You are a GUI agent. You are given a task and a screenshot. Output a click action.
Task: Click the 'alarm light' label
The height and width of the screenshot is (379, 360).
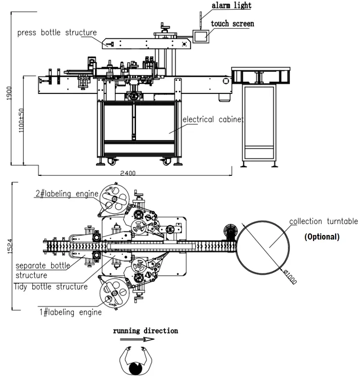[x=231, y=6]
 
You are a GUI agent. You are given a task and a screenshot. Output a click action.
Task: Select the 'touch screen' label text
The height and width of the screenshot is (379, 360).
[x=232, y=24]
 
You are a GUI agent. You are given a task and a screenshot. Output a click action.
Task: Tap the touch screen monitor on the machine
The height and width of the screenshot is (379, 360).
[x=201, y=36]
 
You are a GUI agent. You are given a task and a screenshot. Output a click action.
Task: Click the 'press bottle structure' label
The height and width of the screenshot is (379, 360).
[x=57, y=33]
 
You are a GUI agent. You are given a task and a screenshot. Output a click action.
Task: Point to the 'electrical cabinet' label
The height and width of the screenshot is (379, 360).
[x=213, y=120]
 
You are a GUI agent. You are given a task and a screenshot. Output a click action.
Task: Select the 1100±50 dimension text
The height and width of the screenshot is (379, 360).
[x=21, y=120]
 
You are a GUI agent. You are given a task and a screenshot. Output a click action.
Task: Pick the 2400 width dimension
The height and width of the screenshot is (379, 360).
[x=127, y=173]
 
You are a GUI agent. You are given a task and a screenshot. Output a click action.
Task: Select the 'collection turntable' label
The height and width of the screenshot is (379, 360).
[x=323, y=221]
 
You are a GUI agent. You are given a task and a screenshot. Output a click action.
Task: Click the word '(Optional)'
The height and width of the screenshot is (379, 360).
[x=322, y=236]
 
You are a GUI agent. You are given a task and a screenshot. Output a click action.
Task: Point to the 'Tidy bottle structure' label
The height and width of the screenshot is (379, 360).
[x=51, y=287]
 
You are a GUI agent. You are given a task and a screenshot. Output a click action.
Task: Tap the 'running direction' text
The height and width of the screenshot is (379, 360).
[x=145, y=331]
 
